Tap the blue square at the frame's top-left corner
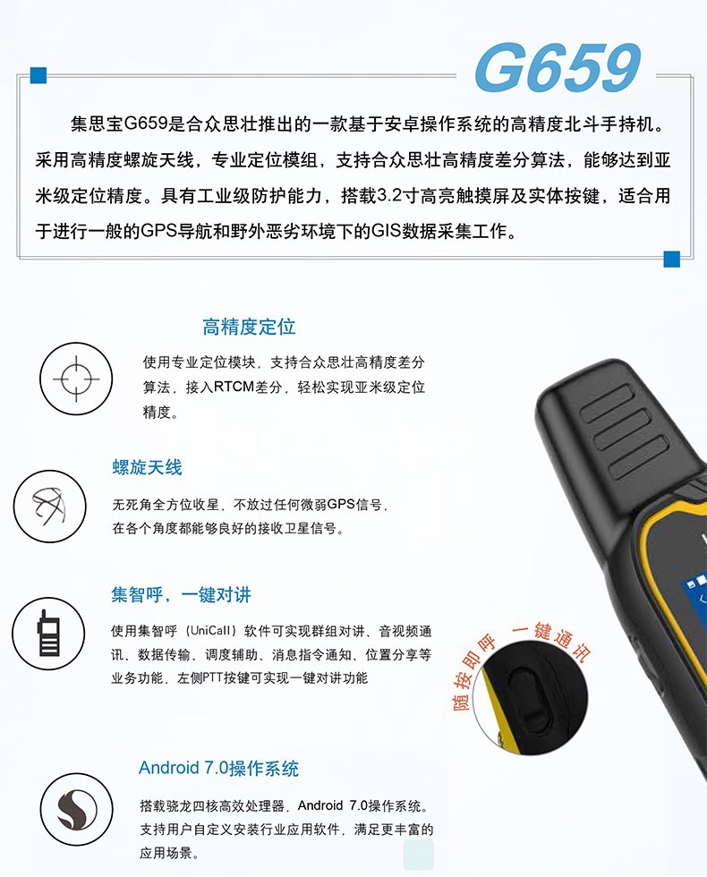click(x=38, y=75)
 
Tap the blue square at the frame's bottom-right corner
click(x=671, y=259)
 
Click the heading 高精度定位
click(x=249, y=327)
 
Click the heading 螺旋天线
click(x=147, y=467)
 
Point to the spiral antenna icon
click(x=48, y=507)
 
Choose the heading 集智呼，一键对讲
click(x=181, y=595)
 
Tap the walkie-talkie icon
click(x=48, y=633)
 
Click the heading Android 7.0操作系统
click(x=218, y=768)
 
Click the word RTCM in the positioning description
click(x=235, y=388)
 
